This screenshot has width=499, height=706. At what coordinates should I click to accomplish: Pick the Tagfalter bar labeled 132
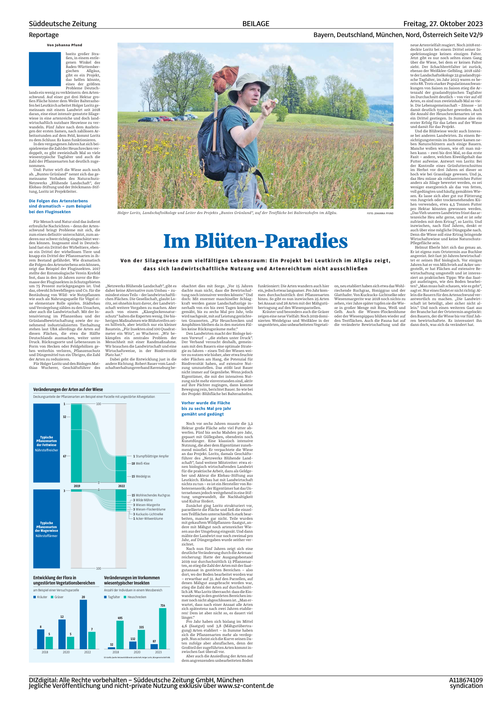(x=133, y=645)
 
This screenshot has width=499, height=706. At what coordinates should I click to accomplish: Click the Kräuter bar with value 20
(x=83, y=624)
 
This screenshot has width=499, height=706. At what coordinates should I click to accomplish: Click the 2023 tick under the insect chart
(x=158, y=652)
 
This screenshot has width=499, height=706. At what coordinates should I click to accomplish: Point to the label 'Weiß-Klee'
(x=142, y=463)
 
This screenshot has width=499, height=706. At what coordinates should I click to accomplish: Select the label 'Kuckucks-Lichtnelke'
(x=149, y=514)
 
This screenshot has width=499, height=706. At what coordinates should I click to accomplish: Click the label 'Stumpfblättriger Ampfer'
(x=152, y=456)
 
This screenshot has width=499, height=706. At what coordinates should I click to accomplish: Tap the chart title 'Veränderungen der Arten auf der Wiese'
(x=68, y=389)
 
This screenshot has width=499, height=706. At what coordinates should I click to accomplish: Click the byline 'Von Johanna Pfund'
(x=64, y=45)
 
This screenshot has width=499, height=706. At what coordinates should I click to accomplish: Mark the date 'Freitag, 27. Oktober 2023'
(x=443, y=24)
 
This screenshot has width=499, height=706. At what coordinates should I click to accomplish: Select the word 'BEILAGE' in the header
(x=256, y=24)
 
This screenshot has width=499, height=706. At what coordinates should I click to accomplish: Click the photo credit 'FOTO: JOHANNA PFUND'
(x=380, y=213)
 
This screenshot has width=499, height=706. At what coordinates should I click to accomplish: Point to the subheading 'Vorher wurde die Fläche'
(x=206, y=403)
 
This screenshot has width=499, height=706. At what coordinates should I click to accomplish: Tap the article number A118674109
(x=466, y=680)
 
